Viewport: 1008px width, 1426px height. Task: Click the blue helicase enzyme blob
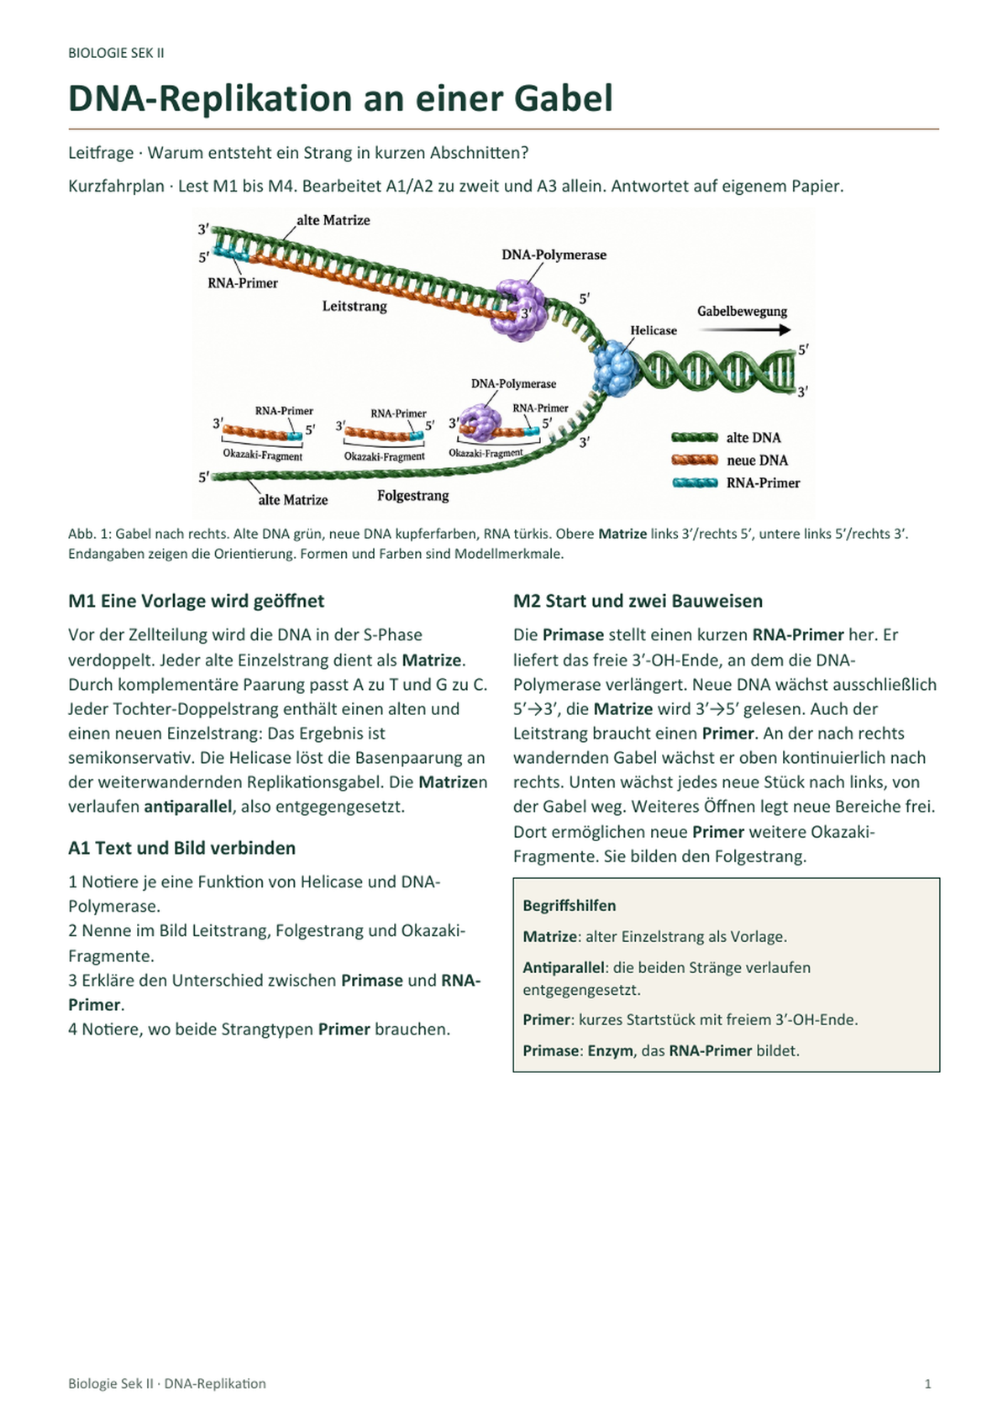pyautogui.click(x=614, y=369)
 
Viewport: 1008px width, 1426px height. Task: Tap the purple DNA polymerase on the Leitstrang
pyautogui.click(x=519, y=309)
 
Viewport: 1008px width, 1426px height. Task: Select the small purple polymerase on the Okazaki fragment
pyautogui.click(x=480, y=422)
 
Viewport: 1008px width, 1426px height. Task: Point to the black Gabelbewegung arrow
pyautogui.click(x=744, y=329)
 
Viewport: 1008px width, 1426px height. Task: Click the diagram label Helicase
pyautogui.click(x=653, y=330)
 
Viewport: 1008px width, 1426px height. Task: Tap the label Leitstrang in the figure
pyautogui.click(x=354, y=306)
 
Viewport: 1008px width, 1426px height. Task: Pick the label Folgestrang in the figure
pyautogui.click(x=413, y=495)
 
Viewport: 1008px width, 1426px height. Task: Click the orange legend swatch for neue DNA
pyautogui.click(x=695, y=460)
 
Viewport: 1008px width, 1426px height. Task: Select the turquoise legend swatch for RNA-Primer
pyautogui.click(x=695, y=482)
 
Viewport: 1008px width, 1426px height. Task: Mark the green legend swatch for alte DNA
pyautogui.click(x=695, y=437)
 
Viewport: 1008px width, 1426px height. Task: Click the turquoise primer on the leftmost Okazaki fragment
pyautogui.click(x=295, y=436)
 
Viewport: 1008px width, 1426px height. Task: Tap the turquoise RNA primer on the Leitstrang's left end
pyautogui.click(x=232, y=255)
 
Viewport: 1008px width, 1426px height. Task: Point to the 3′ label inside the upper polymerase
pyautogui.click(x=527, y=313)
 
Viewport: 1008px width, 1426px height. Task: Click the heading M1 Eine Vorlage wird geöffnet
pyautogui.click(x=196, y=601)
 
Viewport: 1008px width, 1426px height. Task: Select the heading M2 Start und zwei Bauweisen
pyautogui.click(x=638, y=601)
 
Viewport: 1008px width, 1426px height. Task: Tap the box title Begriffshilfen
pyautogui.click(x=569, y=905)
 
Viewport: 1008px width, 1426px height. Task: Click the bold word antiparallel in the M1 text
pyautogui.click(x=187, y=807)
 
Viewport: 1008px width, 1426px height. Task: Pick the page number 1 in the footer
pyautogui.click(x=928, y=1383)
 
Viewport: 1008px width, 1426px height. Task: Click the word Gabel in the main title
pyautogui.click(x=563, y=98)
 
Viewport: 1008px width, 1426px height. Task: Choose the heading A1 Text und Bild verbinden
pyautogui.click(x=182, y=848)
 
